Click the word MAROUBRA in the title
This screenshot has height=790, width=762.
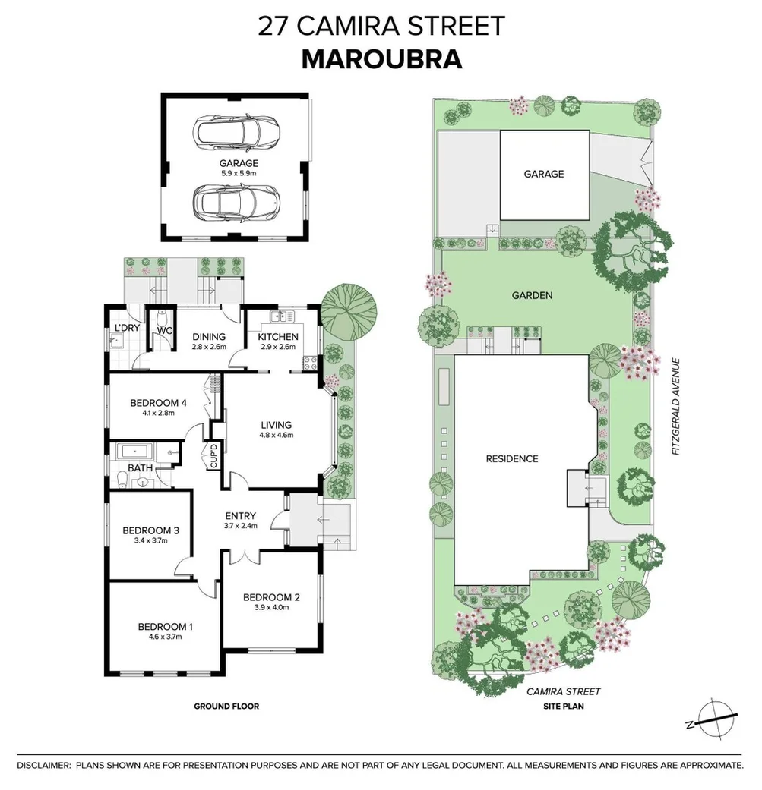pyautogui.click(x=381, y=58)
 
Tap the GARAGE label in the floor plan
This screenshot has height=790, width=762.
pyautogui.click(x=239, y=163)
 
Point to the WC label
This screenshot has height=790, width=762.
pyautogui.click(x=165, y=331)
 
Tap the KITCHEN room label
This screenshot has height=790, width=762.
pyautogui.click(x=278, y=337)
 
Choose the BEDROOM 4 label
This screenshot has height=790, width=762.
pyautogui.click(x=158, y=402)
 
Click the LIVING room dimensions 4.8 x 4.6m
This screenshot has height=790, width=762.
pyautogui.click(x=275, y=435)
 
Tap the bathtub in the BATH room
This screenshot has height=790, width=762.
pyautogui.click(x=137, y=452)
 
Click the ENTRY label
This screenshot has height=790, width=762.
pyautogui.click(x=241, y=516)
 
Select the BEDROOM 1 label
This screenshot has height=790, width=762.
pyautogui.click(x=165, y=626)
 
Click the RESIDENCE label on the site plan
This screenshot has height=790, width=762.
pyautogui.click(x=512, y=458)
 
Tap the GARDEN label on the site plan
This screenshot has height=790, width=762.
pyautogui.click(x=532, y=295)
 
